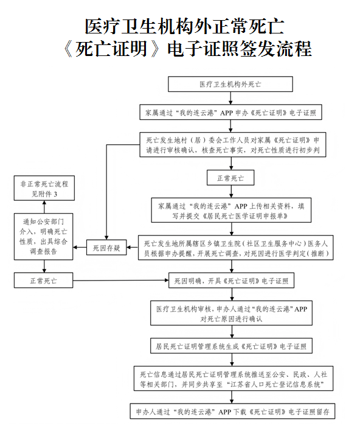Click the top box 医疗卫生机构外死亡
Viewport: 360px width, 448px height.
(x=230, y=84)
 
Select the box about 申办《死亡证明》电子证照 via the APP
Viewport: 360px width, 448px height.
(x=230, y=113)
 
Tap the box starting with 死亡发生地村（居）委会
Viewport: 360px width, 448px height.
(x=230, y=145)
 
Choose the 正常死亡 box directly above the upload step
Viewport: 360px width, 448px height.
(x=230, y=178)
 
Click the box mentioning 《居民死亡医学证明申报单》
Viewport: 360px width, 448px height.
(x=230, y=211)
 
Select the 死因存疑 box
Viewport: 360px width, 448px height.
(x=106, y=248)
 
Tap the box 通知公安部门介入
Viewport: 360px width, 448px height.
(x=43, y=236)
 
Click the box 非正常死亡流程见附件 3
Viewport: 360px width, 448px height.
(x=43, y=188)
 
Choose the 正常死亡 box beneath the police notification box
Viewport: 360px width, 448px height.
(x=43, y=281)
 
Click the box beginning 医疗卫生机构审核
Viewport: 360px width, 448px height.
(x=230, y=313)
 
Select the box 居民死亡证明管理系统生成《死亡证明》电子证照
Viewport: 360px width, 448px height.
(x=230, y=346)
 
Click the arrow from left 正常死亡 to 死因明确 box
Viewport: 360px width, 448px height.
(x=122, y=281)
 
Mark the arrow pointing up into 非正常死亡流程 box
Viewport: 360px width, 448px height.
(x=43, y=206)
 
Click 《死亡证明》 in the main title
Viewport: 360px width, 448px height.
(x=112, y=48)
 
